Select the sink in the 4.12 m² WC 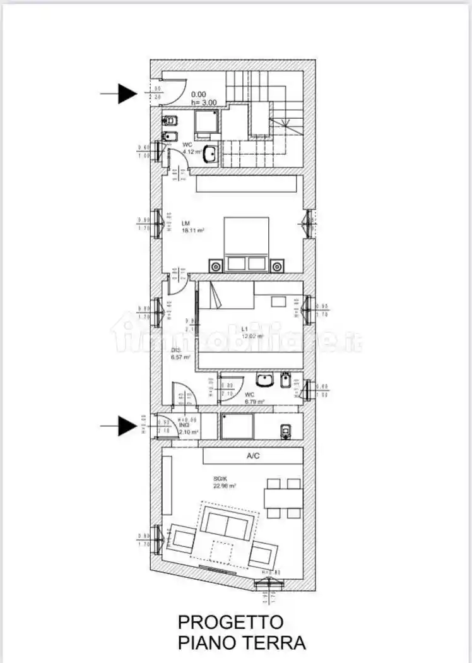[x=211, y=153]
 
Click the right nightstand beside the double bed [x=276, y=266]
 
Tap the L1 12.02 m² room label [x=252, y=332]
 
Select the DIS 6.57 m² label [x=180, y=354]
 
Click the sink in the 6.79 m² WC [x=264, y=380]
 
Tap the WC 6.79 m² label [x=254, y=398]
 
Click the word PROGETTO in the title [x=230, y=621]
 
